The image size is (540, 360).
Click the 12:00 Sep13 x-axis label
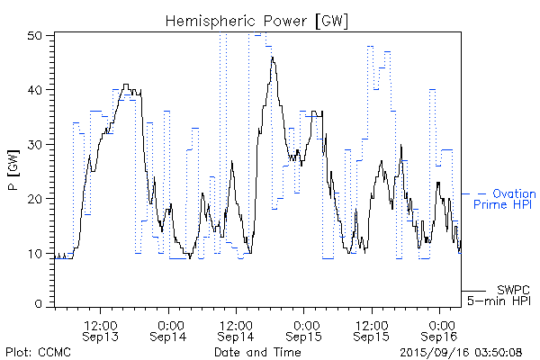click(x=101, y=329)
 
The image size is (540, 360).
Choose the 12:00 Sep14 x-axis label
click(x=236, y=329)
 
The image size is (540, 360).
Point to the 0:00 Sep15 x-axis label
click(x=304, y=329)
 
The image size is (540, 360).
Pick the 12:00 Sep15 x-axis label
click(x=372, y=329)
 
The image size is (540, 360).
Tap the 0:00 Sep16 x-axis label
click(x=440, y=329)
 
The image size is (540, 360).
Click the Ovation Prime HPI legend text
click(x=504, y=199)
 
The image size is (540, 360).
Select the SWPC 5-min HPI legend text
click(x=500, y=294)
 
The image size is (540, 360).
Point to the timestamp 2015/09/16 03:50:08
click(x=462, y=352)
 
